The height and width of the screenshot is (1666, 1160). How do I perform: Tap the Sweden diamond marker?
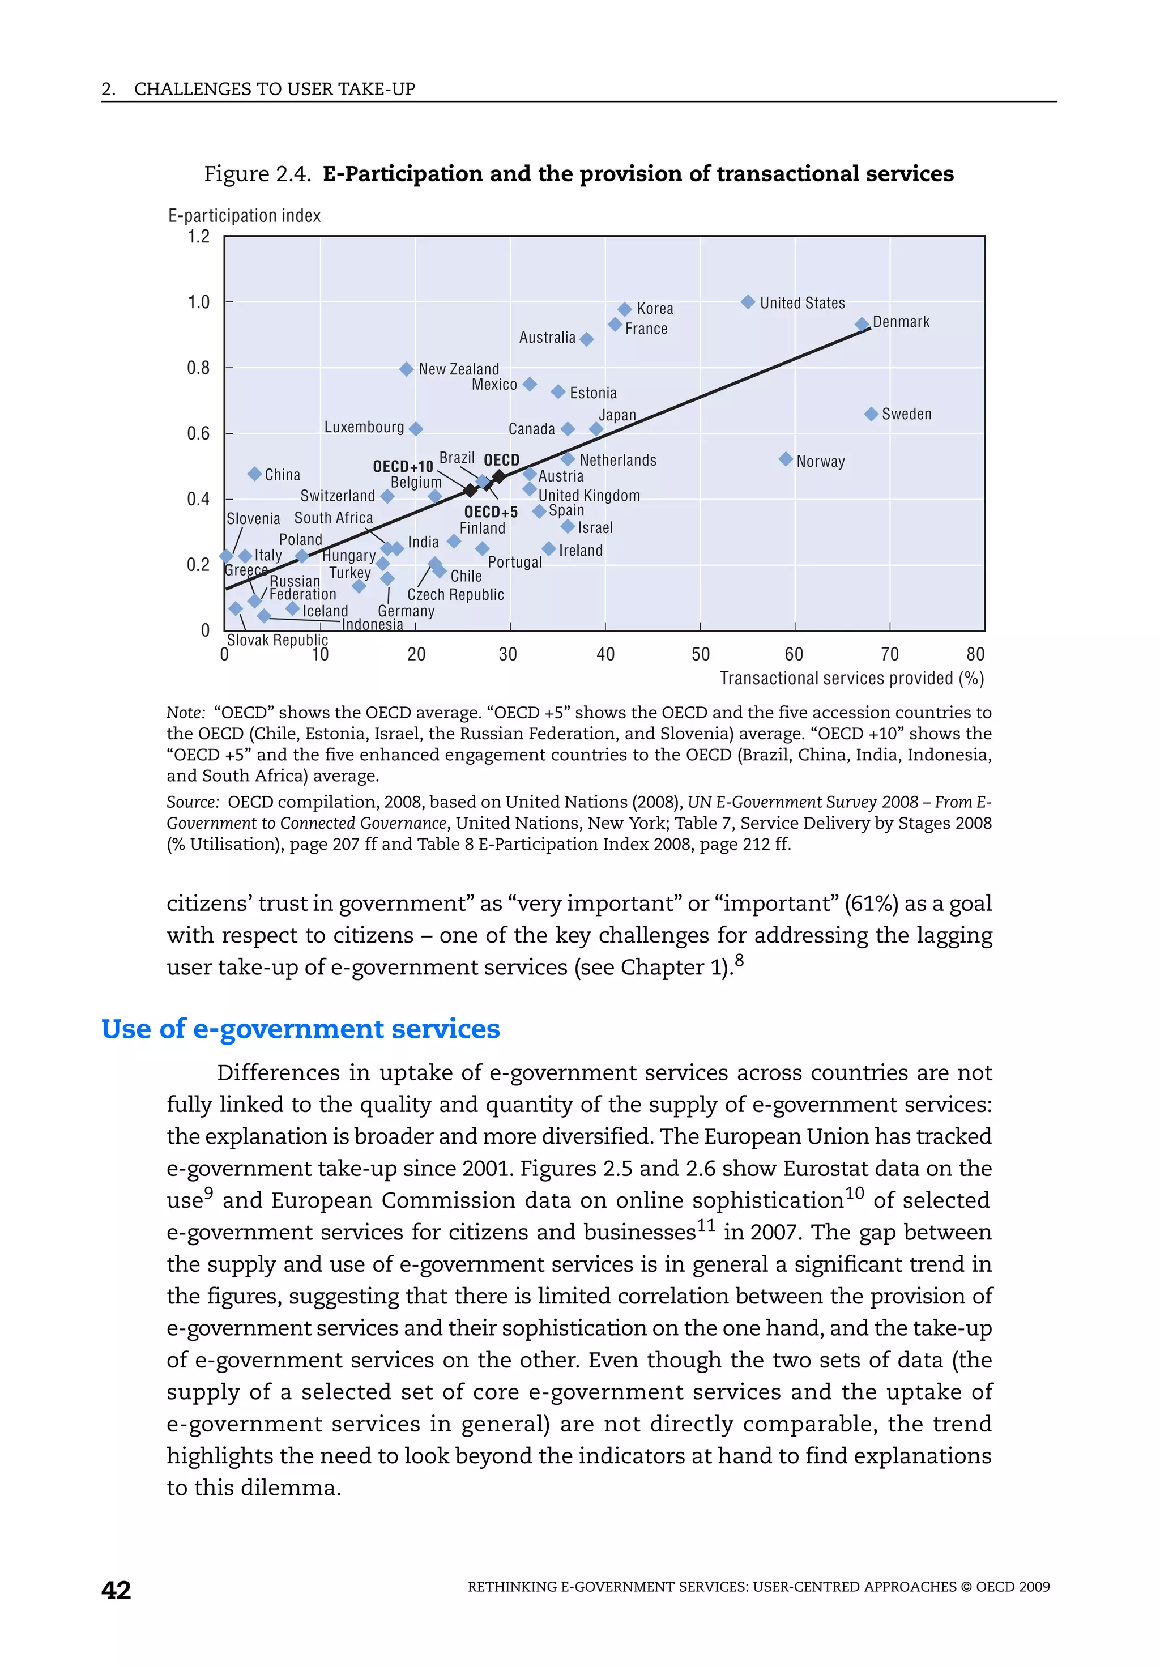(871, 414)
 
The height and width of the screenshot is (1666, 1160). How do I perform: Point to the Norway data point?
(786, 459)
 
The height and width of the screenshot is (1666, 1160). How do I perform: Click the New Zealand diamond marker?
(406, 369)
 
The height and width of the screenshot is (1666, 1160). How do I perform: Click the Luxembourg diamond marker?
(416, 429)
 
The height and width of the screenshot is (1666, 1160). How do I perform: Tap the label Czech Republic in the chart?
(455, 595)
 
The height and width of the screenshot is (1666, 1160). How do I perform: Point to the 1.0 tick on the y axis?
(199, 302)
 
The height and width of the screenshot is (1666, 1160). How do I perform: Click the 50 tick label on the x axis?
(701, 654)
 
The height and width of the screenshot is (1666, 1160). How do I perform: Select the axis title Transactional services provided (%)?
(852, 679)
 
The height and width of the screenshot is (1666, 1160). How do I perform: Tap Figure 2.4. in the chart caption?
(258, 174)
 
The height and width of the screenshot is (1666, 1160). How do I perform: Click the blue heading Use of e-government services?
(300, 1029)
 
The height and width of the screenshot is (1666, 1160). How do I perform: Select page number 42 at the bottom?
(116, 1590)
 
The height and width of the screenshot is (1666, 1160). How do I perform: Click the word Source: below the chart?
(192, 802)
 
